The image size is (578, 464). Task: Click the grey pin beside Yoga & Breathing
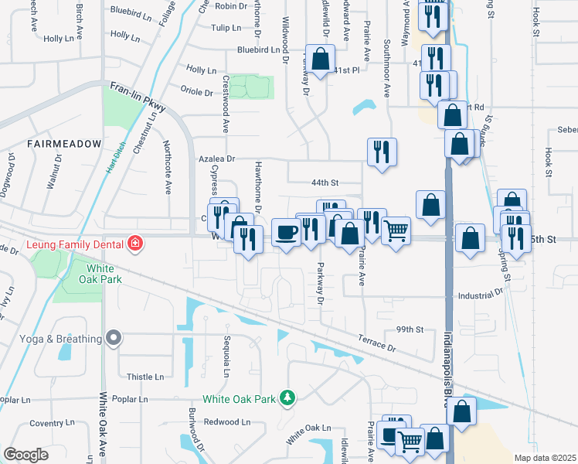click(114, 338)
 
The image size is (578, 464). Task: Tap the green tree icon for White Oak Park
click(287, 398)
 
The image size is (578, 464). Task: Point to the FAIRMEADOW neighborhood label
click(64, 144)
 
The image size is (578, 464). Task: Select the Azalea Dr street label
click(216, 158)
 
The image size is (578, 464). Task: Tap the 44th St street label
click(325, 183)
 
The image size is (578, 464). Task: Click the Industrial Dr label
click(480, 295)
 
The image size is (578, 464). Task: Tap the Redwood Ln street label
click(228, 422)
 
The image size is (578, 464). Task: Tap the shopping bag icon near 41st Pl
click(321, 59)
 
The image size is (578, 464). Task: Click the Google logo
click(25, 454)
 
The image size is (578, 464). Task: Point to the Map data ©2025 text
click(545, 458)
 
